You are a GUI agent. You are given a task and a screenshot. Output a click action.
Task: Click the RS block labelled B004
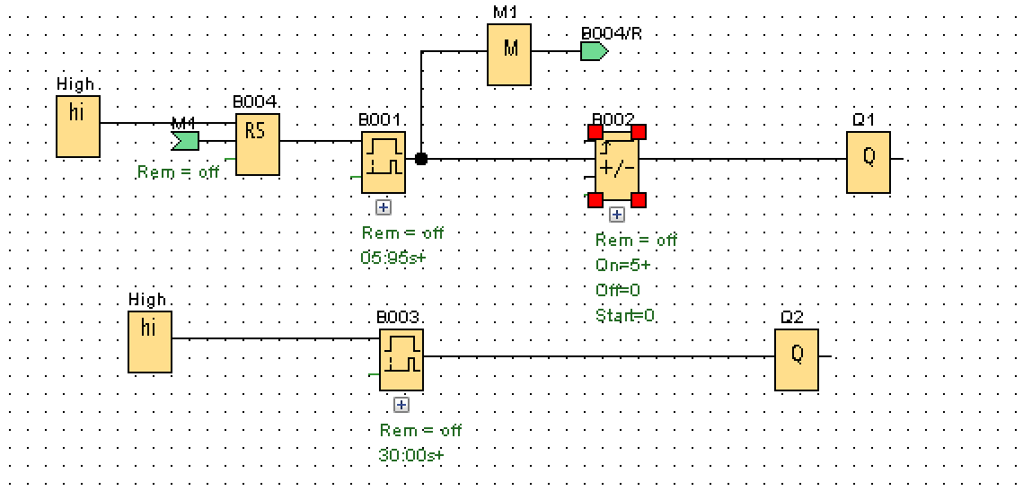tap(257, 145)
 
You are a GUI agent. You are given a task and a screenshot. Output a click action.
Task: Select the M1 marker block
tap(509, 55)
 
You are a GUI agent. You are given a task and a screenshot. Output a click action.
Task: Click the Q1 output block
tap(869, 162)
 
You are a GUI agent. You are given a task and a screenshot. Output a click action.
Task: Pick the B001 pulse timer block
tap(384, 162)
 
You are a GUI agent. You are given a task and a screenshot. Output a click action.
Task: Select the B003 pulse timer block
tap(401, 359)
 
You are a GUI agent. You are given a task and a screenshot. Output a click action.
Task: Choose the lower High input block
tap(150, 342)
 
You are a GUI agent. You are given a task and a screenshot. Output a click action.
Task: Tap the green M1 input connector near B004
tap(185, 140)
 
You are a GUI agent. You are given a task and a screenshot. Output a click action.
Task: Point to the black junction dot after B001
tap(421, 159)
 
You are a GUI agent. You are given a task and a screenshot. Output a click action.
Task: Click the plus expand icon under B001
tap(384, 207)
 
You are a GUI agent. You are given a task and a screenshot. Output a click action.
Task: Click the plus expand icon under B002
tap(617, 215)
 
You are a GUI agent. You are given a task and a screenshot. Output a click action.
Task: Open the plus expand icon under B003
tap(401, 405)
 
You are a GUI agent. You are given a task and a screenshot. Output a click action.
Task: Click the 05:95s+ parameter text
tap(392, 257)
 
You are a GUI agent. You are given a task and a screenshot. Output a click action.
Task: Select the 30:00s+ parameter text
tap(411, 454)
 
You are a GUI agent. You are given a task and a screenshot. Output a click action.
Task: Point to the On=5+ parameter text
tap(622, 266)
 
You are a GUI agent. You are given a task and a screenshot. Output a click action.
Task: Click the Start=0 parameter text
tap(625, 316)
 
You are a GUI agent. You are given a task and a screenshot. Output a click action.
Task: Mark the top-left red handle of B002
tap(595, 132)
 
